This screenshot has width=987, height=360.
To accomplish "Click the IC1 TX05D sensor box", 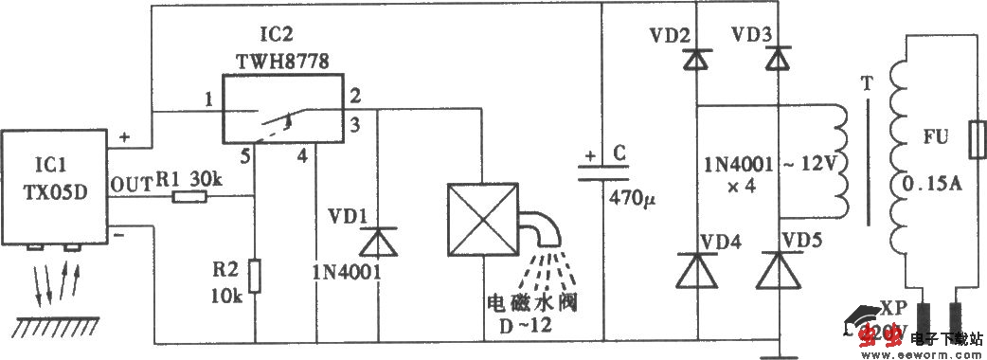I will pyautogui.click(x=55, y=186).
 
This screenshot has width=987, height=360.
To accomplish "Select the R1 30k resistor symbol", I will pyautogui.click(x=190, y=198).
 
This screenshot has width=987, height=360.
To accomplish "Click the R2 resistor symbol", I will pyautogui.click(x=255, y=278).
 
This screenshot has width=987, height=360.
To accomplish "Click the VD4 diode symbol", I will pyautogui.click(x=697, y=272).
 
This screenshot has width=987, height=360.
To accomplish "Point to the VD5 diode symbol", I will pyautogui.click(x=779, y=272).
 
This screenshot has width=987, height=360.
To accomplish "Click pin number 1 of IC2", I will pyautogui.click(x=206, y=99).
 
